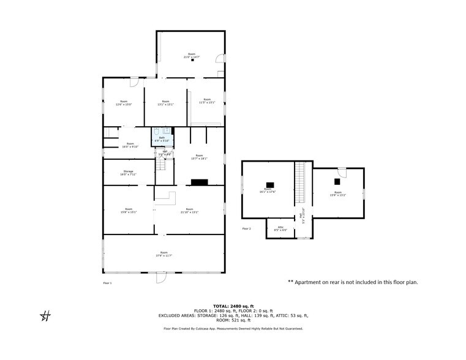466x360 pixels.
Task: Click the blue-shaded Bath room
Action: pos(162,136)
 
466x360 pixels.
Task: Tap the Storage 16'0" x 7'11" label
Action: pos(128,173)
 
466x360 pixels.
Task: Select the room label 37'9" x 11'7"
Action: pos(163,254)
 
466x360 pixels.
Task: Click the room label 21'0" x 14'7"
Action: pos(191,56)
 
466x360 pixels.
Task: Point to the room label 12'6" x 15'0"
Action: pos(124,103)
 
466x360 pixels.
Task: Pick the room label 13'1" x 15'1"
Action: pos(165,103)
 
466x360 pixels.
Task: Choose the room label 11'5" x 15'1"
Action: pos(207,101)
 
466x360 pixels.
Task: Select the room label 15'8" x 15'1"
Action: pos(128,211)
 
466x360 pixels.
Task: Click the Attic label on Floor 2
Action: pos(280,228)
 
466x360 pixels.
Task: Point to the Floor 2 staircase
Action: pos(300,184)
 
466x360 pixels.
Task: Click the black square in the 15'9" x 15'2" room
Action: pos(337,182)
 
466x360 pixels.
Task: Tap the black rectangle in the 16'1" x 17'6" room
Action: pos(270,184)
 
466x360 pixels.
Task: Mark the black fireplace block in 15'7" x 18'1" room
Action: pos(200,182)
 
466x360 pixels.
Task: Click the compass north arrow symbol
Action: pos(45,316)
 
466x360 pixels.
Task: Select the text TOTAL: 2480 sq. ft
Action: pos(233,306)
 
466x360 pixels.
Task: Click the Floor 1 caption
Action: pos(107,283)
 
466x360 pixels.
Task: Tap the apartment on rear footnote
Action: pos(353,282)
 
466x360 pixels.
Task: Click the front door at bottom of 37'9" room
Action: pos(161,277)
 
